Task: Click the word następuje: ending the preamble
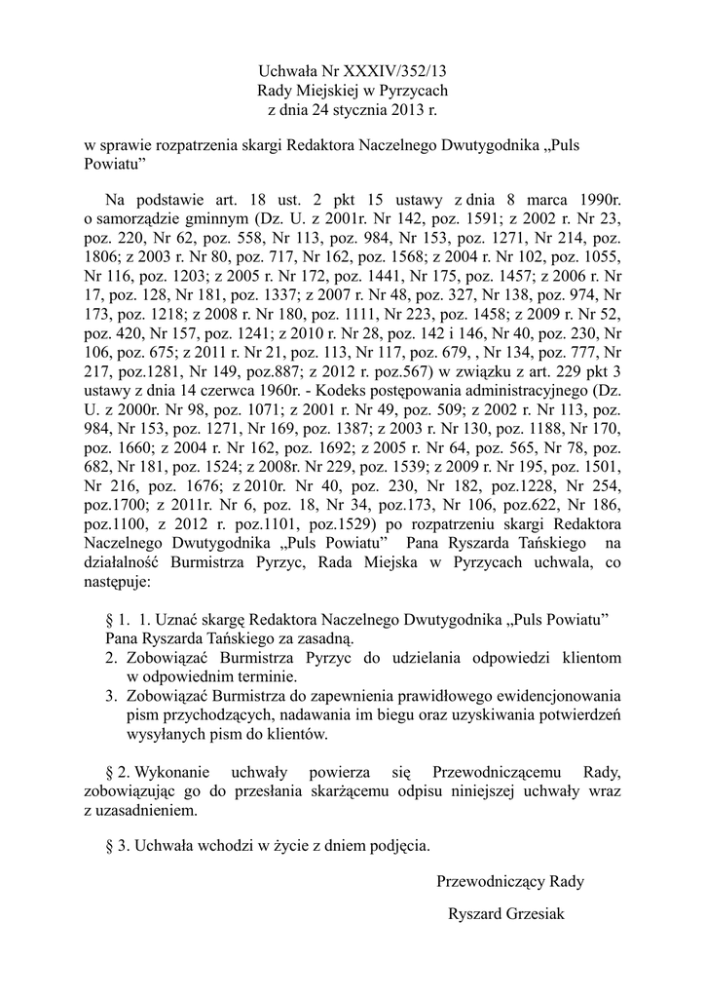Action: (x=118, y=583)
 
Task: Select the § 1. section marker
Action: (x=116, y=620)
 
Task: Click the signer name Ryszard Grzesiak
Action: (x=506, y=914)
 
